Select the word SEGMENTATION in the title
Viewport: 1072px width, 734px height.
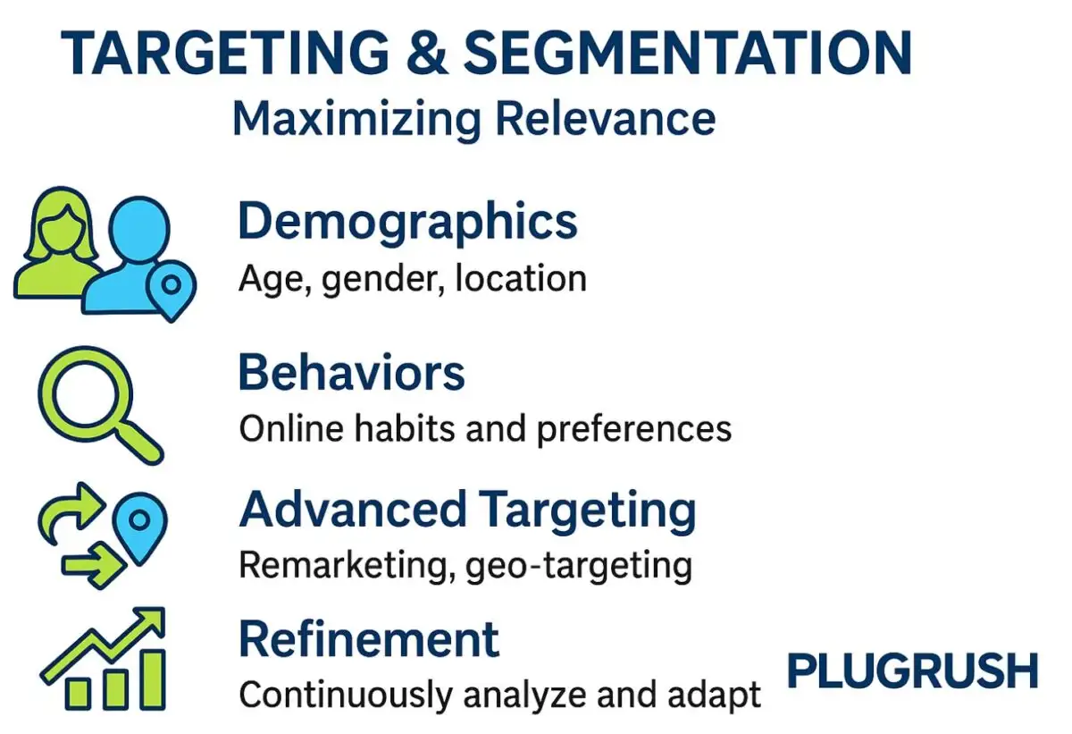(x=688, y=55)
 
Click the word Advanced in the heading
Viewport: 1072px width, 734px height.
(x=352, y=510)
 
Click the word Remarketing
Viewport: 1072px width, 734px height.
(x=346, y=565)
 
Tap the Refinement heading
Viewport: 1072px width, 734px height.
(x=369, y=640)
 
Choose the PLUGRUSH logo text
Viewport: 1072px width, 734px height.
(x=912, y=671)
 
